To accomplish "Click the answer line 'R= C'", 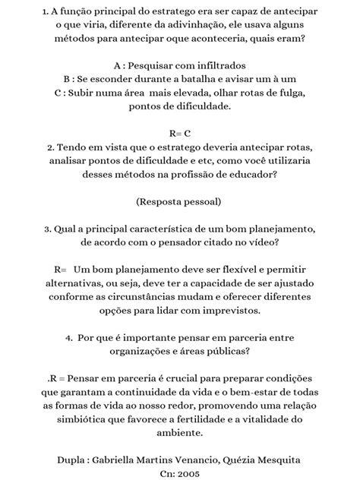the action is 180,132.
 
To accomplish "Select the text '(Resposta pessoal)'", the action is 179,201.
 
